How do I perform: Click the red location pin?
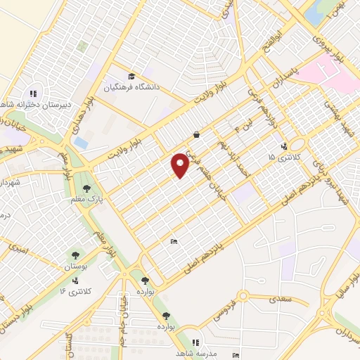(181, 165)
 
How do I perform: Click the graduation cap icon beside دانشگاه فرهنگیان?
(131, 77)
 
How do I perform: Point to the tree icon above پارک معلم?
(86, 188)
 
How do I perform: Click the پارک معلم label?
(90, 200)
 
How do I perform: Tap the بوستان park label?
(75, 267)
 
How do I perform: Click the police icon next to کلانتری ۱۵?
(283, 147)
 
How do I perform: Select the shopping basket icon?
(195, 134)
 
